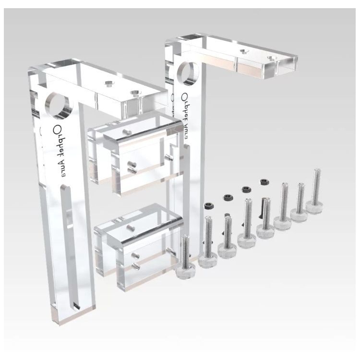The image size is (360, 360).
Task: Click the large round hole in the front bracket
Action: point(58,106)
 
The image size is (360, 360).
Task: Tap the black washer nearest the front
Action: point(209,206)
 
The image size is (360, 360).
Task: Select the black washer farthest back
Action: point(264,182)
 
